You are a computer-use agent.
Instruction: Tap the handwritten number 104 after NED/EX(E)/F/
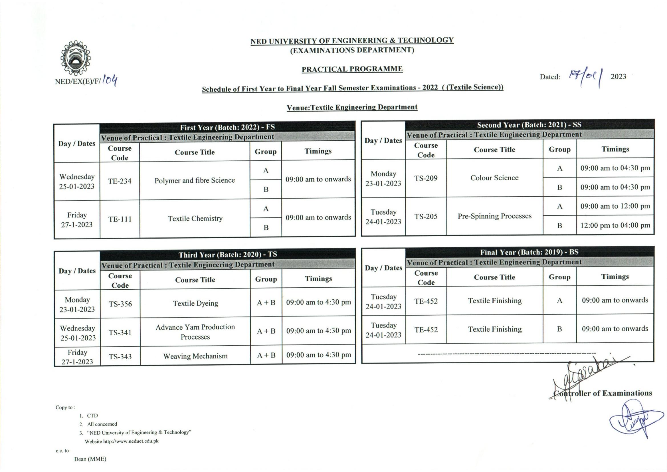pos(110,80)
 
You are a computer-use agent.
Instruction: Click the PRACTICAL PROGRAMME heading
pos(352,69)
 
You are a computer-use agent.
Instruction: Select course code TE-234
pos(120,181)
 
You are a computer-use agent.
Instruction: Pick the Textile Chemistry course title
pos(195,218)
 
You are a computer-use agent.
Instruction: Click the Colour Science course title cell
pos(494,177)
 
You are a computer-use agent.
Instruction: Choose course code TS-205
pos(426,216)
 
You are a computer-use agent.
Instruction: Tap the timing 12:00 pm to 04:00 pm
pos(615,225)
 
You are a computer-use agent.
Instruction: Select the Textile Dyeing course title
pos(195,303)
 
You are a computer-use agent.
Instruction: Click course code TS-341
pos(120,332)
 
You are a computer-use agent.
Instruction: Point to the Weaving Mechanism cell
pos(195,356)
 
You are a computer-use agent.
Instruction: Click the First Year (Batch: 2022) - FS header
pos(227,127)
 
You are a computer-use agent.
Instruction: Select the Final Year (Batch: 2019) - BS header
pos(529,252)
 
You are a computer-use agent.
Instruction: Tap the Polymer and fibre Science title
pos(195,180)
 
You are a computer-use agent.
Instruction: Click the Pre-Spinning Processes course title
pos(494,216)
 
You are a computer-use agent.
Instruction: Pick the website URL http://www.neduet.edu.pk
pos(131,441)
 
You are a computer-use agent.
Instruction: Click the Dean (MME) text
pos(90,459)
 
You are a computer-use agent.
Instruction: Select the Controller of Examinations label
pos(603,393)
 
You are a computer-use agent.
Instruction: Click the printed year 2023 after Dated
pos(618,76)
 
